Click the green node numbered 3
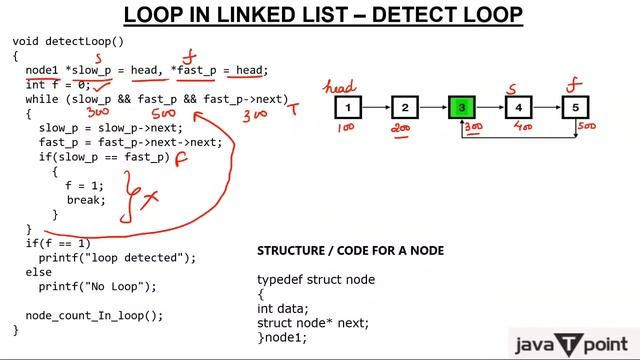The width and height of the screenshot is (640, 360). point(461,107)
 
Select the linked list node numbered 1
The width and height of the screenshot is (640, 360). point(346,107)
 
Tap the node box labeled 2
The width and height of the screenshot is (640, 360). point(403,107)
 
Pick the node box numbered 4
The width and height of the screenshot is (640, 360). point(518,107)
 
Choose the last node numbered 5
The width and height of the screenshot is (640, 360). point(575,107)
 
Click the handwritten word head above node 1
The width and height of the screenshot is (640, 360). point(341,87)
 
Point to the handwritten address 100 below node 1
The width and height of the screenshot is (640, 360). point(346,128)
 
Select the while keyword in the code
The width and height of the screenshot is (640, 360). point(41,100)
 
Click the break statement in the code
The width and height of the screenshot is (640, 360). point(86,200)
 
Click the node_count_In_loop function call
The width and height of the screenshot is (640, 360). point(93,315)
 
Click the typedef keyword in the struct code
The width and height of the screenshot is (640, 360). point(279,279)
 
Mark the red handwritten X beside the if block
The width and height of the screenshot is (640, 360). point(150,200)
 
